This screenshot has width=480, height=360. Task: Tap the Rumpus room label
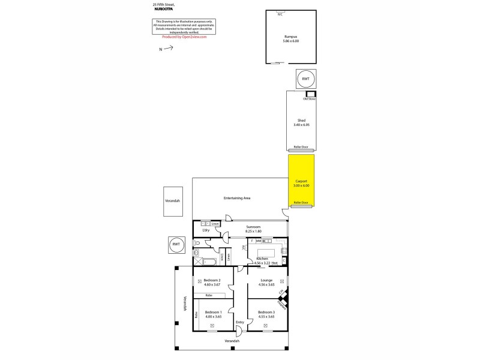point(291,37)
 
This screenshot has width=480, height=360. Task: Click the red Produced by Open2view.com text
point(184,37)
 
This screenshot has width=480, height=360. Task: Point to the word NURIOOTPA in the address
point(164,9)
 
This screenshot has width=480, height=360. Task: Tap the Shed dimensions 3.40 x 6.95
point(301,125)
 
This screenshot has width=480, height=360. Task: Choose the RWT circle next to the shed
point(305,79)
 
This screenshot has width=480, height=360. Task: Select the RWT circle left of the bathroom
point(176,244)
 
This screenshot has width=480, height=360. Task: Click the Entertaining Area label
point(237,198)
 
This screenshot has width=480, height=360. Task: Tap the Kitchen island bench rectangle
point(265,253)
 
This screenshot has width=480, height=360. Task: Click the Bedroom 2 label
point(212,280)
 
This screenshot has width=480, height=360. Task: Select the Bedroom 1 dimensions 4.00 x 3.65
point(213,316)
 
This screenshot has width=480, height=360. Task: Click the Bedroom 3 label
point(266,312)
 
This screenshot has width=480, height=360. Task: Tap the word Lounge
point(266,280)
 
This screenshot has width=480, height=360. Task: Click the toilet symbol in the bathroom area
point(197,243)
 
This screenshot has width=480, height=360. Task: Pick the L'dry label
point(205,230)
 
